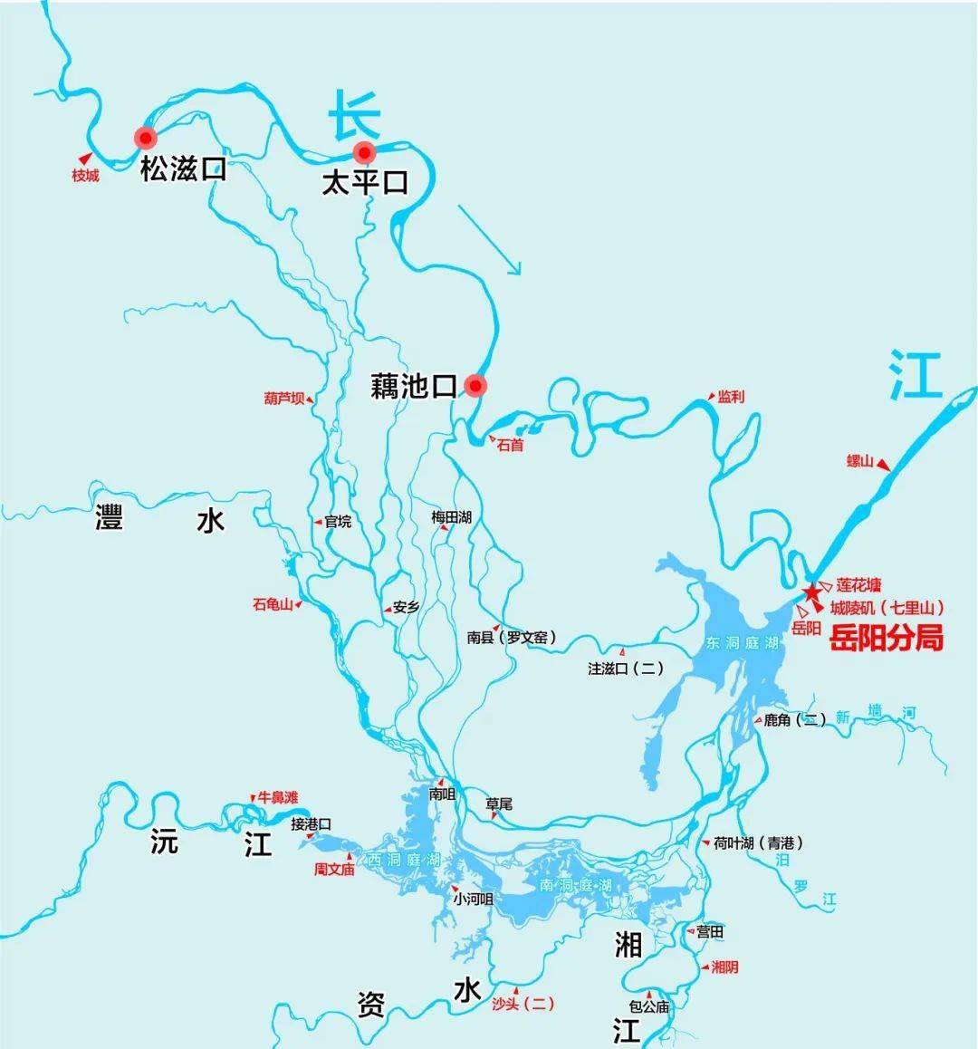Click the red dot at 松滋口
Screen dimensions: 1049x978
(x=145, y=138)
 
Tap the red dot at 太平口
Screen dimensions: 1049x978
(x=364, y=151)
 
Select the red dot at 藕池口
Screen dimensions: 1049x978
(x=475, y=386)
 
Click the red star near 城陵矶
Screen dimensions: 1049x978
(x=811, y=592)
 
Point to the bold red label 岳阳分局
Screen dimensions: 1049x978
(x=887, y=638)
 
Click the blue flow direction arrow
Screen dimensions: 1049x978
(x=490, y=239)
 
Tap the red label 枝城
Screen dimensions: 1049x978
(x=85, y=176)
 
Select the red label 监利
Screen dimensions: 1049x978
(x=731, y=397)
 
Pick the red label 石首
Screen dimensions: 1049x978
(x=511, y=445)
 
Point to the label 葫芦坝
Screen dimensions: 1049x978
(x=283, y=398)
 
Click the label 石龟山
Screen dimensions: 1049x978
(x=273, y=604)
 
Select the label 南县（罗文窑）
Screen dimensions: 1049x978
(x=511, y=637)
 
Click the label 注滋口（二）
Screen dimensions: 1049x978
(x=626, y=669)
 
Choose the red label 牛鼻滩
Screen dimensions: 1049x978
(x=277, y=797)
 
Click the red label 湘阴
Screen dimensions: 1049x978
(x=724, y=967)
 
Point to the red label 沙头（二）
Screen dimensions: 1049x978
(x=523, y=1003)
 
